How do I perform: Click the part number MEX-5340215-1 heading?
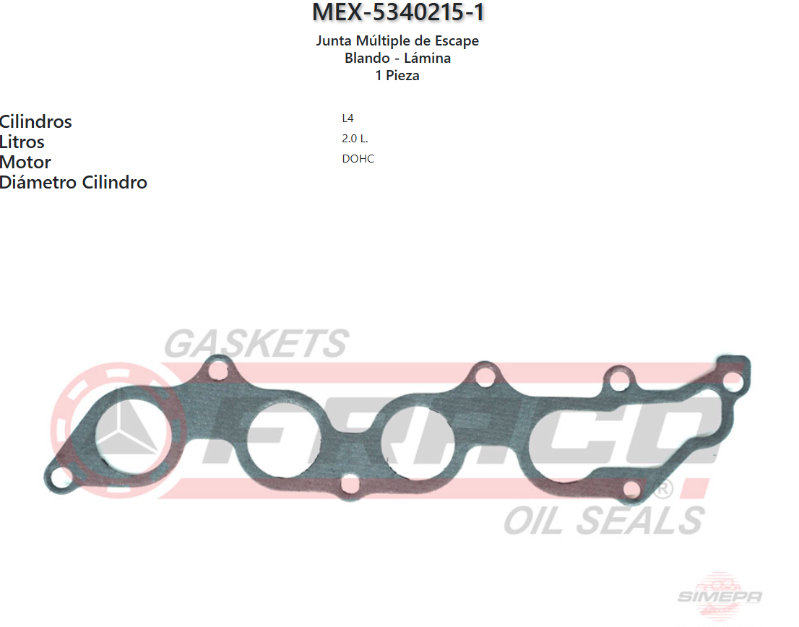pyautogui.click(x=398, y=12)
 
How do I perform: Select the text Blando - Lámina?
pyautogui.click(x=397, y=58)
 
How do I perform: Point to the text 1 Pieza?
pyautogui.click(x=397, y=75)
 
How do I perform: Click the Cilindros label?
pyautogui.click(x=36, y=121)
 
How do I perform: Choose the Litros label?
pyautogui.click(x=22, y=142)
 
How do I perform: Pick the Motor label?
pyautogui.click(x=25, y=162)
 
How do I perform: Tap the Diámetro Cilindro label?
pyautogui.click(x=74, y=182)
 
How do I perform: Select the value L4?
pyautogui.click(x=347, y=118)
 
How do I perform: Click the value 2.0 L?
pyautogui.click(x=355, y=139)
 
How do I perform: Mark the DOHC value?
pyautogui.click(x=358, y=159)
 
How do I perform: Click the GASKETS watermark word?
pyautogui.click(x=256, y=344)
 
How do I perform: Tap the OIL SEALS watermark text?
pyautogui.click(x=603, y=519)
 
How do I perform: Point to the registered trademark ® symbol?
pyautogui.click(x=662, y=489)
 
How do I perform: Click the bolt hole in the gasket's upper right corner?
pyautogui.click(x=732, y=377)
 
